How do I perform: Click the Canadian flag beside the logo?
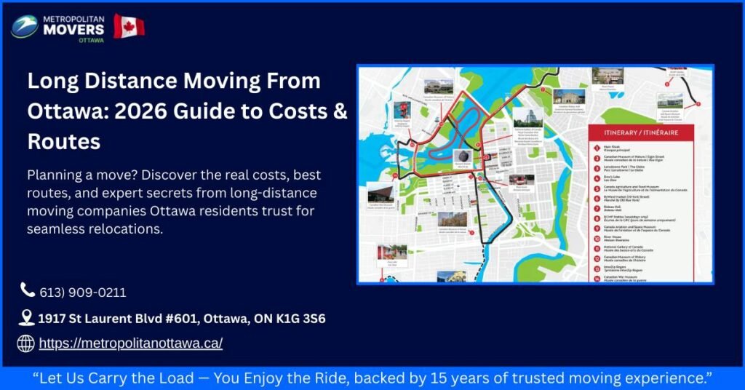(129, 25)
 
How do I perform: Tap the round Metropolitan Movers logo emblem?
(25, 27)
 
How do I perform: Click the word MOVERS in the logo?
(73, 30)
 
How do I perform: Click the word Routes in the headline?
(64, 141)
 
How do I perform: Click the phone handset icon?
(28, 290)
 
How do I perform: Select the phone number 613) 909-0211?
(83, 292)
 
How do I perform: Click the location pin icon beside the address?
(27, 318)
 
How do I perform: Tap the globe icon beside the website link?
(26, 343)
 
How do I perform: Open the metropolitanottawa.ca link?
(131, 343)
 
